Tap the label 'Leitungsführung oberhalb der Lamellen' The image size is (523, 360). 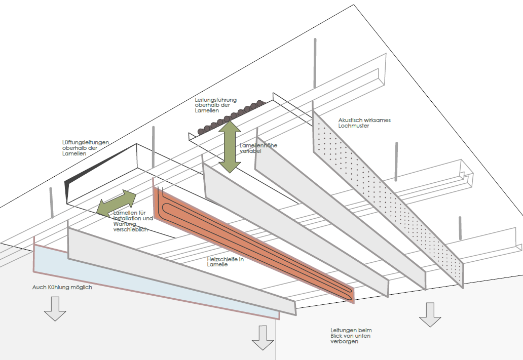[215, 105]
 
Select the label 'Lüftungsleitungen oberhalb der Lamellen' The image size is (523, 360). [85, 147]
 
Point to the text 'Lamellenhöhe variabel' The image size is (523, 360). [258, 148]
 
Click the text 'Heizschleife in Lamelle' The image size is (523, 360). [226, 261]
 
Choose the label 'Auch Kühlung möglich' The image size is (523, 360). [62, 287]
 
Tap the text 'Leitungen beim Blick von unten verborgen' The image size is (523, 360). [347, 336]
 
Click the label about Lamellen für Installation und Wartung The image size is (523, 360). [133, 221]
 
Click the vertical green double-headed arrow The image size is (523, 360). [231, 143]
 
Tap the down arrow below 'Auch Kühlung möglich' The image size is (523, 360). [55, 309]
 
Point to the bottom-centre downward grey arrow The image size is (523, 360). [263, 338]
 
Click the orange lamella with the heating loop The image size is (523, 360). [253, 243]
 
